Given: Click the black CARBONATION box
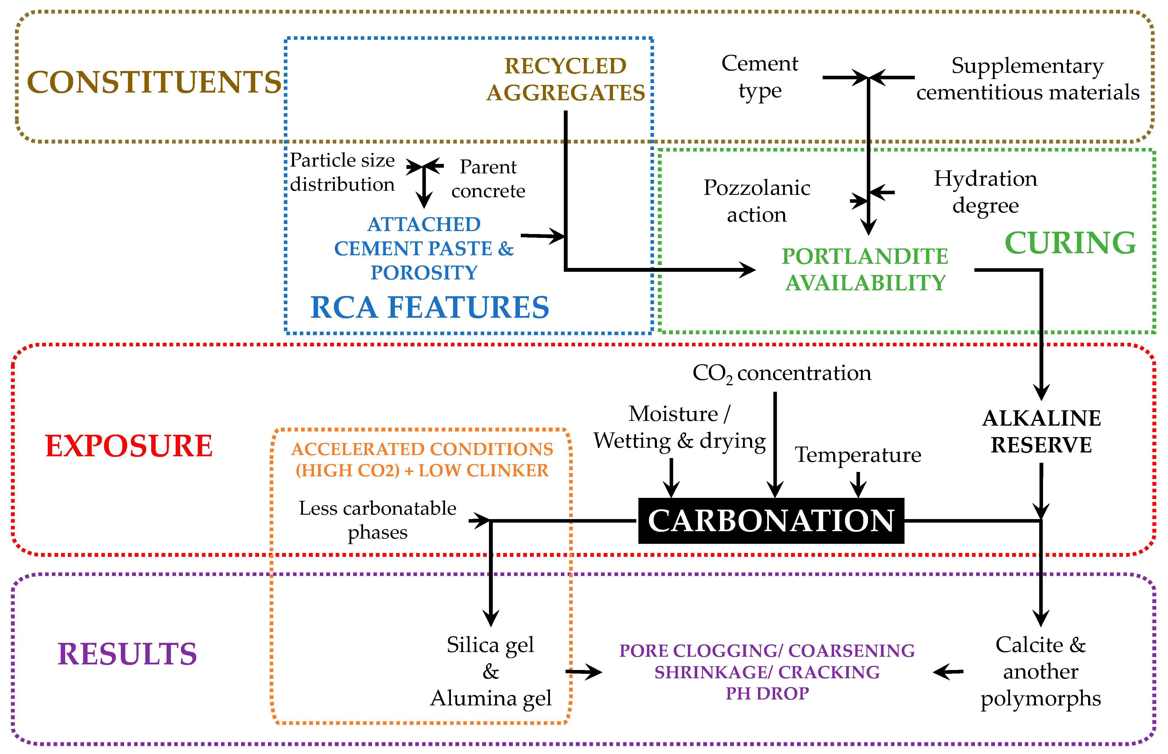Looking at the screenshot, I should (771, 521).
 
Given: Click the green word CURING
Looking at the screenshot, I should (1070, 243).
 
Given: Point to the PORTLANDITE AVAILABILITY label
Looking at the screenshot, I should (865, 269).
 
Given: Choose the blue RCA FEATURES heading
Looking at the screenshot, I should (429, 307).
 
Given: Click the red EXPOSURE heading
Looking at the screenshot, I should (129, 446).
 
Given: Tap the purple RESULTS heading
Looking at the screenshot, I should (127, 654).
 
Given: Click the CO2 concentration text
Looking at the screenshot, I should (782, 373).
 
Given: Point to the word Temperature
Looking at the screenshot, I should (858, 455).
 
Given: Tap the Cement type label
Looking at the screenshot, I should (760, 77).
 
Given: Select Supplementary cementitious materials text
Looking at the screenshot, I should (1027, 79).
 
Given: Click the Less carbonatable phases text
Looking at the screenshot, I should (378, 520).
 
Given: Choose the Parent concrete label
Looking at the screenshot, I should (488, 179).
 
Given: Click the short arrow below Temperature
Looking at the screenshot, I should (858, 485).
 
